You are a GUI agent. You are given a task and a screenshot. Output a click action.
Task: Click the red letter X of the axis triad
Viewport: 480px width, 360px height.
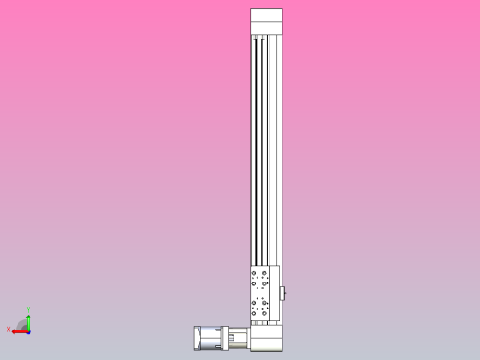coord(9,329)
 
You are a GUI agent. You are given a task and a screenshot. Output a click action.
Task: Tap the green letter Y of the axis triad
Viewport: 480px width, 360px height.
coord(29,310)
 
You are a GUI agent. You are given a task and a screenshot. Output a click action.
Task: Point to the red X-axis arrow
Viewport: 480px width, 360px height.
coord(18,329)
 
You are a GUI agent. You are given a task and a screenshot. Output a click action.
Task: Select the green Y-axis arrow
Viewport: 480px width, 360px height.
coord(29,319)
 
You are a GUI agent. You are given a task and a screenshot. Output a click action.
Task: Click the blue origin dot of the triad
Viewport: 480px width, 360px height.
coord(29,329)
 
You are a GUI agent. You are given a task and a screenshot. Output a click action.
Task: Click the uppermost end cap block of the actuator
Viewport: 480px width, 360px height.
coord(267,17)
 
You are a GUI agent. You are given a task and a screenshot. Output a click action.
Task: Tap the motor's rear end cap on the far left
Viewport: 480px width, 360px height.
coord(197,338)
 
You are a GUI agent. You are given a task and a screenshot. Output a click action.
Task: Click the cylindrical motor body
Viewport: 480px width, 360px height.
coord(210,338)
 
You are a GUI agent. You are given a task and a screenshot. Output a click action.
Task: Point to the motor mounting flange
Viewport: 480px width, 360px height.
coord(222,338)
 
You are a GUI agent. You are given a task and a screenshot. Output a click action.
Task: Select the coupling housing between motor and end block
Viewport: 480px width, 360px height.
coord(238,338)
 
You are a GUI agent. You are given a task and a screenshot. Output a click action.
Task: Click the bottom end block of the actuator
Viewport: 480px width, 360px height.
coord(266,338)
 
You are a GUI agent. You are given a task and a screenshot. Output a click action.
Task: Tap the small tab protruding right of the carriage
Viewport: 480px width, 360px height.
coord(283,294)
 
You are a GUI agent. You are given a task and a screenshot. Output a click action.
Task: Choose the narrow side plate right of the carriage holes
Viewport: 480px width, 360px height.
coord(274,294)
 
